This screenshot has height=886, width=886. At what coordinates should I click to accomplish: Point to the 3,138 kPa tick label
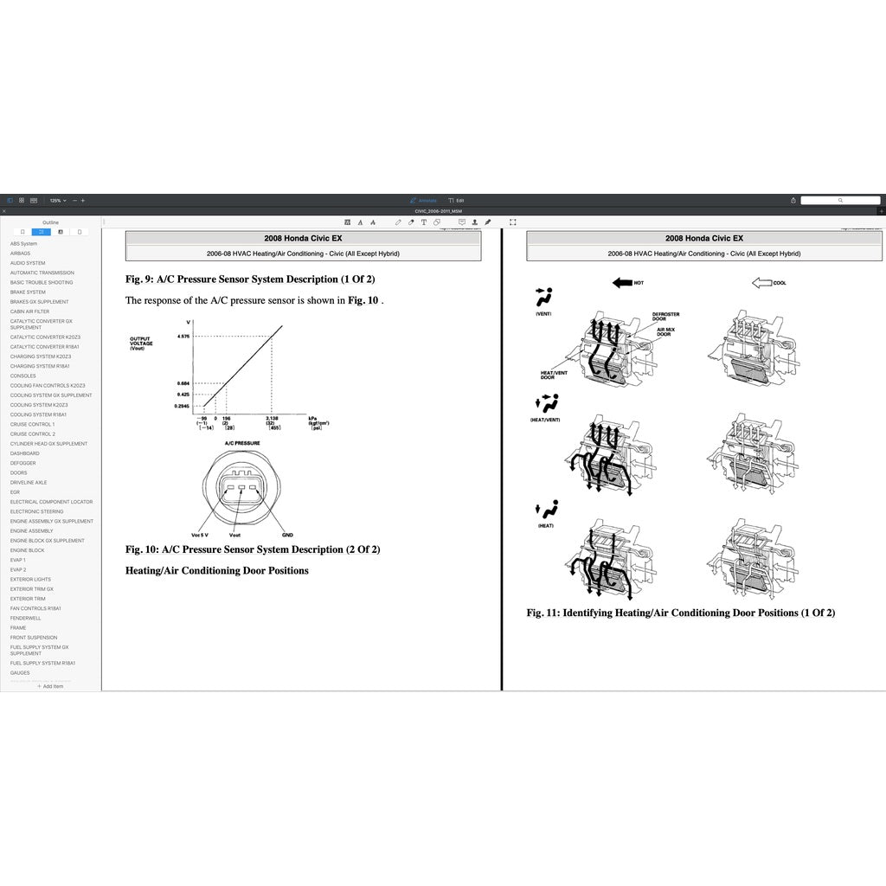[272, 418]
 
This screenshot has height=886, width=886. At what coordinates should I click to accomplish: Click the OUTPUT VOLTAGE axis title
[141, 343]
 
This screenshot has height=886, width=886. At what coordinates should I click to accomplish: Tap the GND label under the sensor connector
[287, 535]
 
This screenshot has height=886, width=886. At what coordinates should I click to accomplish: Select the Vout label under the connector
[235, 535]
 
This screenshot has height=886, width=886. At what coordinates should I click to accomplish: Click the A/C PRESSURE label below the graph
[242, 442]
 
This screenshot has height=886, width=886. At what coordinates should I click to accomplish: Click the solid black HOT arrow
[622, 283]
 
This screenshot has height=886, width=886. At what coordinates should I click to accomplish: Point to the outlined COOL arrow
[762, 283]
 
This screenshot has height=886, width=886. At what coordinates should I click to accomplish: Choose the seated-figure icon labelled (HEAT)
[545, 511]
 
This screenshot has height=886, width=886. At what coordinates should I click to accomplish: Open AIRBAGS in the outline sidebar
[20, 254]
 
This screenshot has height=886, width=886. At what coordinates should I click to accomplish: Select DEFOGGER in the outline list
[23, 463]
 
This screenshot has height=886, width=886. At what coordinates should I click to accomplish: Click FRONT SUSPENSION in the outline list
[34, 638]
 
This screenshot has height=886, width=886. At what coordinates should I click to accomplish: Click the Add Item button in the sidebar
[50, 686]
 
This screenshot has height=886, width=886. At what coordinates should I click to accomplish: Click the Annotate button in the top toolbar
[425, 201]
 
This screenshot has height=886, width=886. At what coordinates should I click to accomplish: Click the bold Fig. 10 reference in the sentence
[363, 300]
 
